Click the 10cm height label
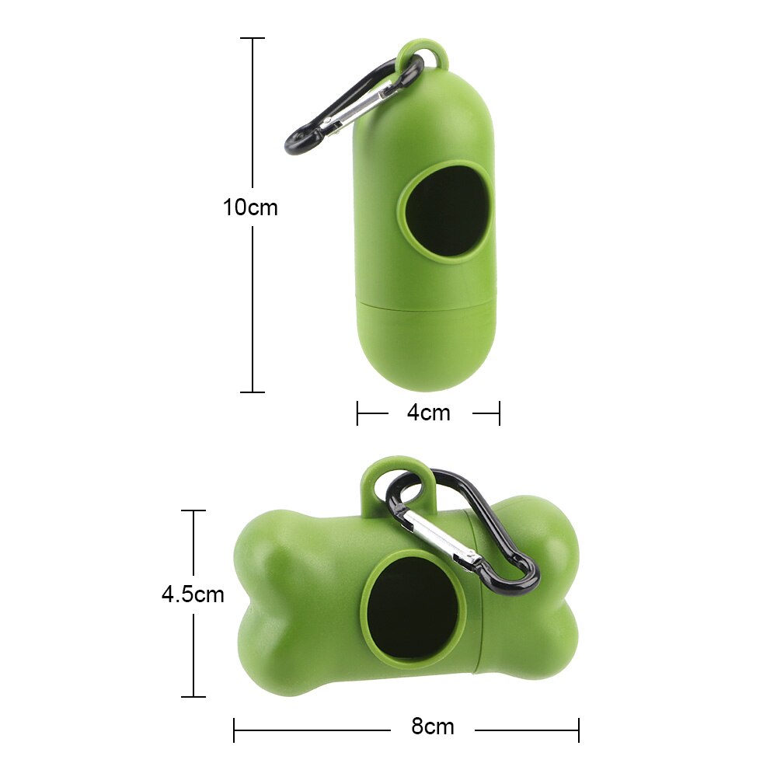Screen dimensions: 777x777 (x=250, y=208)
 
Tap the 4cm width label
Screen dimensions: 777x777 (x=428, y=413)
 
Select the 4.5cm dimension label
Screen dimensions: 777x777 (x=193, y=594)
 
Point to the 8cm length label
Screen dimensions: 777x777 (x=433, y=727)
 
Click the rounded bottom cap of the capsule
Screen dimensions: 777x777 (x=423, y=350)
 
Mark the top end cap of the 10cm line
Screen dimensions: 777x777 (x=253, y=38)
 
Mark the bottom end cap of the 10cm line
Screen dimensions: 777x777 (x=253, y=392)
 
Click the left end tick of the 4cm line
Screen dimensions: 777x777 (x=357, y=413)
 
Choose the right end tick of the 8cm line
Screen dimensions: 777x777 (x=578, y=729)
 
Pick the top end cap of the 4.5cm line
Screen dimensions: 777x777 (x=193, y=510)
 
